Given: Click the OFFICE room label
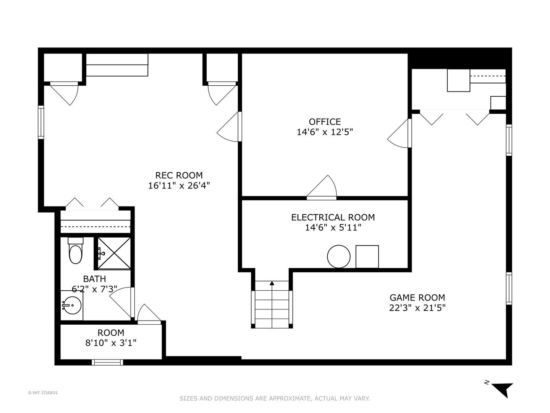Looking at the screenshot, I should (325, 122).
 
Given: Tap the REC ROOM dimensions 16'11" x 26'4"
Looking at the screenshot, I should (179, 185).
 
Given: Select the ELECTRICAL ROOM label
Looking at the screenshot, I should (333, 217).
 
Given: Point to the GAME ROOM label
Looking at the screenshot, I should (417, 298).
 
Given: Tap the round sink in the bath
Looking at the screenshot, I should (71, 305).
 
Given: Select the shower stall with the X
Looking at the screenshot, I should (114, 253).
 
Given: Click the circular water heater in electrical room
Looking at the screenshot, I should (339, 257).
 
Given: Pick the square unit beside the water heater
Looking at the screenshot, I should (367, 257).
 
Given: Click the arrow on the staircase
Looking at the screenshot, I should (272, 283).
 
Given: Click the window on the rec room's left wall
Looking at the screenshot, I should (40, 122).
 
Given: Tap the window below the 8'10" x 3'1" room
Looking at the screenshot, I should (108, 362).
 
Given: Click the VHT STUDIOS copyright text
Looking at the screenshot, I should (43, 393).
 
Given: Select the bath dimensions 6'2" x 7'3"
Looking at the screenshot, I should (94, 289).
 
